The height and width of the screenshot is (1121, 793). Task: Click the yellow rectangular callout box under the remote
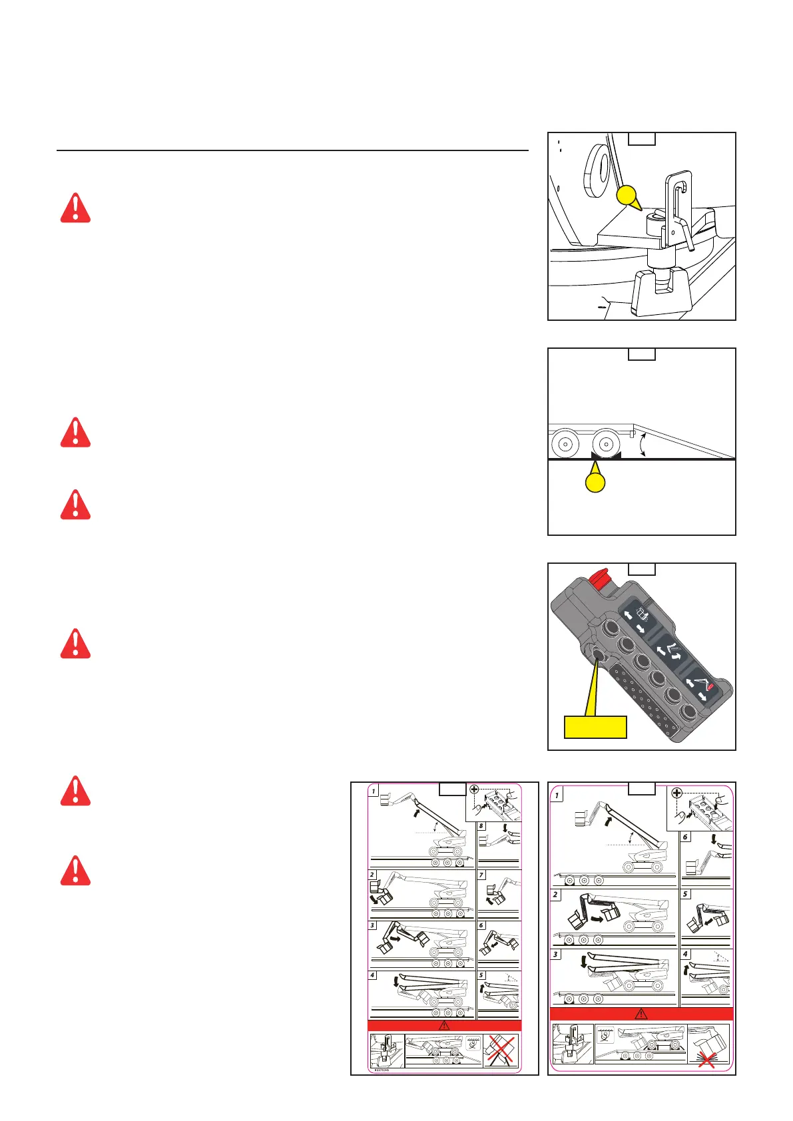tap(595, 726)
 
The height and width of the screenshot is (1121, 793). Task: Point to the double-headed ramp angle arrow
tap(643, 444)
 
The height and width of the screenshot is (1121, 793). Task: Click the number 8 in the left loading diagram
tap(481, 826)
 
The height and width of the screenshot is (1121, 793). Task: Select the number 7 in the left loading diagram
tap(481, 875)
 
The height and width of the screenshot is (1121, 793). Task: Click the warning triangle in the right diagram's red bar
tap(641, 1014)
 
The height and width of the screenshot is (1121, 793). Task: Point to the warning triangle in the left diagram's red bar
tap(444, 1025)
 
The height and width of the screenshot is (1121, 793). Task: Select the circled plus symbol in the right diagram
tap(676, 793)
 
